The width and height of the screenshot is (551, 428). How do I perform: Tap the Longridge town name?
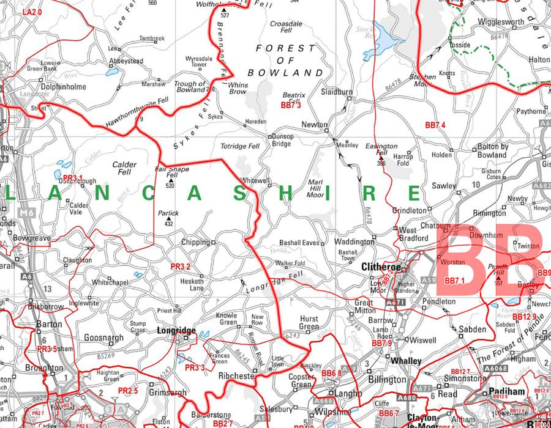click(176, 331)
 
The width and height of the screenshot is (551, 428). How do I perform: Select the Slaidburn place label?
click(337, 92)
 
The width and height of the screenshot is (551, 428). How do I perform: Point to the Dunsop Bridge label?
click(282, 140)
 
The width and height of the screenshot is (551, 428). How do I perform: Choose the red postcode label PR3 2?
click(181, 267)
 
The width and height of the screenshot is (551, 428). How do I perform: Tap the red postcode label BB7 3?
click(291, 106)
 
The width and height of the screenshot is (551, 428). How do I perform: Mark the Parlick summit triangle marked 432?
click(169, 219)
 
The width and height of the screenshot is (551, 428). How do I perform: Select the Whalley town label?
click(406, 361)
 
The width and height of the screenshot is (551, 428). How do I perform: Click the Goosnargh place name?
click(103, 337)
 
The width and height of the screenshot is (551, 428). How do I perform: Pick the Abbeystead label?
click(126, 61)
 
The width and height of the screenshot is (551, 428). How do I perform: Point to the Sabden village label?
click(472, 330)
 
